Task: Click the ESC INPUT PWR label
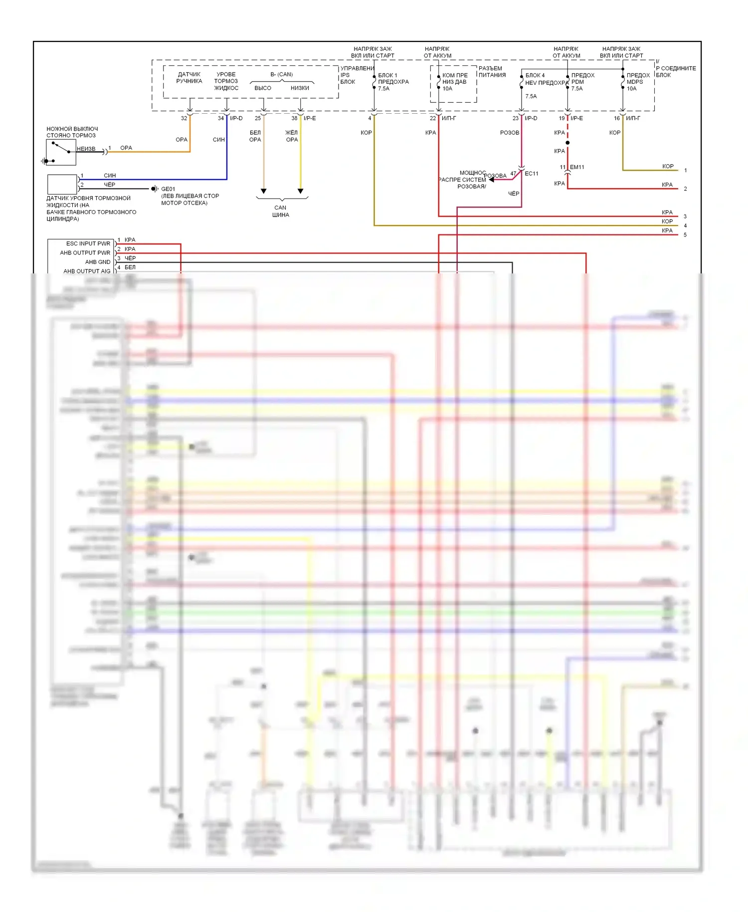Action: pyautogui.click(x=88, y=243)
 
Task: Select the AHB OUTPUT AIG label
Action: pyautogui.click(x=87, y=271)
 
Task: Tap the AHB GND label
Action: pyautogui.click(x=97, y=262)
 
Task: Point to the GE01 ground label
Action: pyautogui.click(x=168, y=189)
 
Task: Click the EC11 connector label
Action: pyautogui.click(x=532, y=174)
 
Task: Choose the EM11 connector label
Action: pyautogui.click(x=577, y=167)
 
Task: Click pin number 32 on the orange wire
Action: pyautogui.click(x=184, y=118)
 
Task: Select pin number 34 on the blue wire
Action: pyautogui.click(x=221, y=118)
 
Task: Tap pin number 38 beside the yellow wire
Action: pyautogui.click(x=294, y=118)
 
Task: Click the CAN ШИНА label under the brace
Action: pyautogui.click(x=281, y=211)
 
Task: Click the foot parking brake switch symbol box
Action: pyautogui.click(x=61, y=152)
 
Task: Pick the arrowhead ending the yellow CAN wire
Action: pyautogui.click(x=300, y=191)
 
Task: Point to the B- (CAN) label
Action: pyautogui.click(x=282, y=74)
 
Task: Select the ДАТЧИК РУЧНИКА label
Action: pyautogui.click(x=189, y=78)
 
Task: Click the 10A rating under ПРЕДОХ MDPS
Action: pyautogui.click(x=631, y=89)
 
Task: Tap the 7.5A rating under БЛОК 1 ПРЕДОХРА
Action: pyautogui.click(x=383, y=89)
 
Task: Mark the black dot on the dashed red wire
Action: pyautogui.click(x=567, y=143)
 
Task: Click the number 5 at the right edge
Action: pyautogui.click(x=685, y=235)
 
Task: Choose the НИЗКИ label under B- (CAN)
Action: pyautogui.click(x=300, y=88)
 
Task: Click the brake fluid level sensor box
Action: pyautogui.click(x=62, y=184)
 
